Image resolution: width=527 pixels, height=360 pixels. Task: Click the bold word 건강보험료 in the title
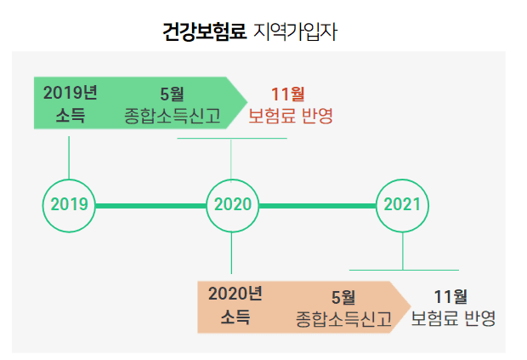(x=204, y=32)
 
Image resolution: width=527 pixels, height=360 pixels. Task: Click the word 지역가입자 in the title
(x=297, y=32)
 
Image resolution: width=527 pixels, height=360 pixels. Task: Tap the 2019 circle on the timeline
(x=69, y=205)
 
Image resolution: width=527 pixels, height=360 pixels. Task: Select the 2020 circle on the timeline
(x=232, y=205)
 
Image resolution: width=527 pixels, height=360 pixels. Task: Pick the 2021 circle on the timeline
(x=402, y=205)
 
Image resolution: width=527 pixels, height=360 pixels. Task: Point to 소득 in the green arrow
(x=70, y=115)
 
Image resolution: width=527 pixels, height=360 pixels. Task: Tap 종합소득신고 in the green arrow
(x=172, y=115)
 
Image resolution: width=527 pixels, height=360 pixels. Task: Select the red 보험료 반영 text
(x=290, y=115)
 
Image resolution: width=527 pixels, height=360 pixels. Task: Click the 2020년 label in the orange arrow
(x=235, y=294)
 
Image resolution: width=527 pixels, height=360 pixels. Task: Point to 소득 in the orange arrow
(x=235, y=317)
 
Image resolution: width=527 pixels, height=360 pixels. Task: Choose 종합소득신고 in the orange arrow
(x=343, y=318)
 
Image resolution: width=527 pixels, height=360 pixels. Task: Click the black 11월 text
(x=450, y=296)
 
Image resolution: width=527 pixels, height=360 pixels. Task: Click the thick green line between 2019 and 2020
(x=150, y=205)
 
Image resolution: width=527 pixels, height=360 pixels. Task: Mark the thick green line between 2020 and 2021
(x=317, y=205)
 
